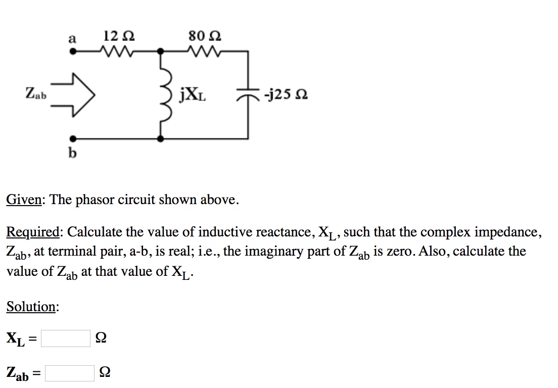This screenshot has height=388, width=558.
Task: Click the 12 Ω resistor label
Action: (119, 37)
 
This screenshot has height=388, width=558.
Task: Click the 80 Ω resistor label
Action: (205, 37)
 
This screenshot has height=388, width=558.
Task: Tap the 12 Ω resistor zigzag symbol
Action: (117, 51)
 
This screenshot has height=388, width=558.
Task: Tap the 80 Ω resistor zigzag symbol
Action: (204, 51)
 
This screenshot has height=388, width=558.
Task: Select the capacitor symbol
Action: (247, 95)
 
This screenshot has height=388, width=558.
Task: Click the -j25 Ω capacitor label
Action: (286, 95)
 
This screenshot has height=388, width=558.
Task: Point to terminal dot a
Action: (73, 51)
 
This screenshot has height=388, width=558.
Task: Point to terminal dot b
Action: (73, 138)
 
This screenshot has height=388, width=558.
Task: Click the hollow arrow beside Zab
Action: (74, 94)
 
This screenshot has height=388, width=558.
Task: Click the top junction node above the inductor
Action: (161, 51)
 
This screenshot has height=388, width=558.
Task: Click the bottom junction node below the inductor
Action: (161, 138)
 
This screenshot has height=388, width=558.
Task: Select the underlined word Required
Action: (33, 232)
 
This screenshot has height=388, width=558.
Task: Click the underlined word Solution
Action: (31, 307)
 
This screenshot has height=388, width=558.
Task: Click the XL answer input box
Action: (66, 338)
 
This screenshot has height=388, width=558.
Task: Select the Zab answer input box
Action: (70, 373)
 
